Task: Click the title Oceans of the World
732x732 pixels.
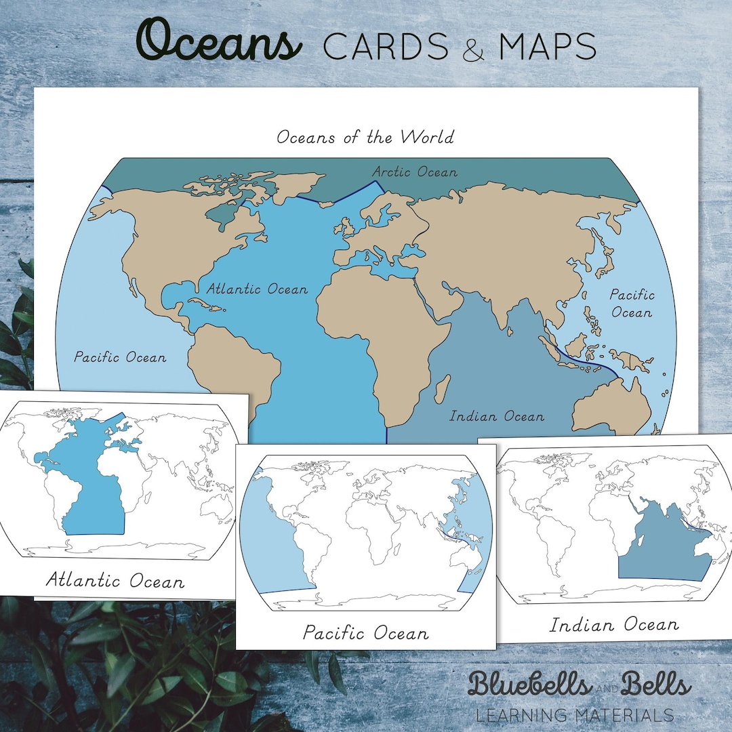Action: [x=365, y=137]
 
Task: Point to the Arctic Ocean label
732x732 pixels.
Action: [x=414, y=172]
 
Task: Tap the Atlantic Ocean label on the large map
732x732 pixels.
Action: [x=257, y=289]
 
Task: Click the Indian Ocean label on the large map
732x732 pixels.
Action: [x=497, y=415]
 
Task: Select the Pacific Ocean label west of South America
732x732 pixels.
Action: [x=120, y=357]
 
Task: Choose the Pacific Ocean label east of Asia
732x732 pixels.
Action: [x=631, y=304]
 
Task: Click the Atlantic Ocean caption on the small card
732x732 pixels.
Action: [x=115, y=581]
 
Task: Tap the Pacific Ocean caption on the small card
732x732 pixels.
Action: [x=365, y=634]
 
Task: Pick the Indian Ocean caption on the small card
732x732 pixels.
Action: [x=613, y=624]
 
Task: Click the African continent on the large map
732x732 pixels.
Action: [x=380, y=325]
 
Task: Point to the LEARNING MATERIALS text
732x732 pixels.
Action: [x=575, y=715]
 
